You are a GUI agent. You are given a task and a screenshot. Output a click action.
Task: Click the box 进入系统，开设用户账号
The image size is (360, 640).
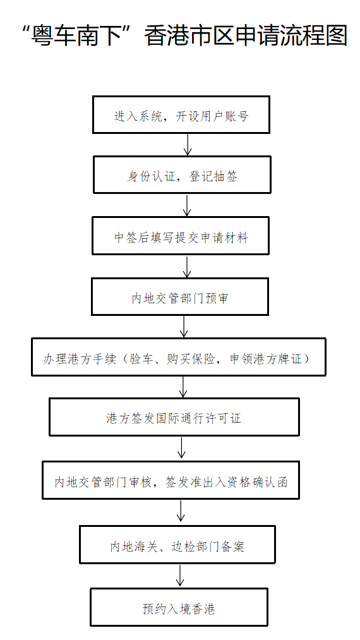point(181,115)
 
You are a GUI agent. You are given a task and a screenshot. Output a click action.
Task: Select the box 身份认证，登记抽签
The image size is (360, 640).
point(182,175)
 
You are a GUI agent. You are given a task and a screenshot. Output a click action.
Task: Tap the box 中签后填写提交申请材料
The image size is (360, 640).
point(181,236)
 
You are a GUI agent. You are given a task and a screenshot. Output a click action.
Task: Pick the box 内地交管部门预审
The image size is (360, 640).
point(180,297)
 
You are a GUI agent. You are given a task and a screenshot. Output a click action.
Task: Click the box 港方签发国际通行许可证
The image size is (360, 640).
point(174,417)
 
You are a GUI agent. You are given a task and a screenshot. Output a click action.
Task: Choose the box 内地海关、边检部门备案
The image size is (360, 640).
point(177,545)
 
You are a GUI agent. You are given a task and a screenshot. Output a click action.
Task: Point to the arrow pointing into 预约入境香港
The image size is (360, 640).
point(181,576)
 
